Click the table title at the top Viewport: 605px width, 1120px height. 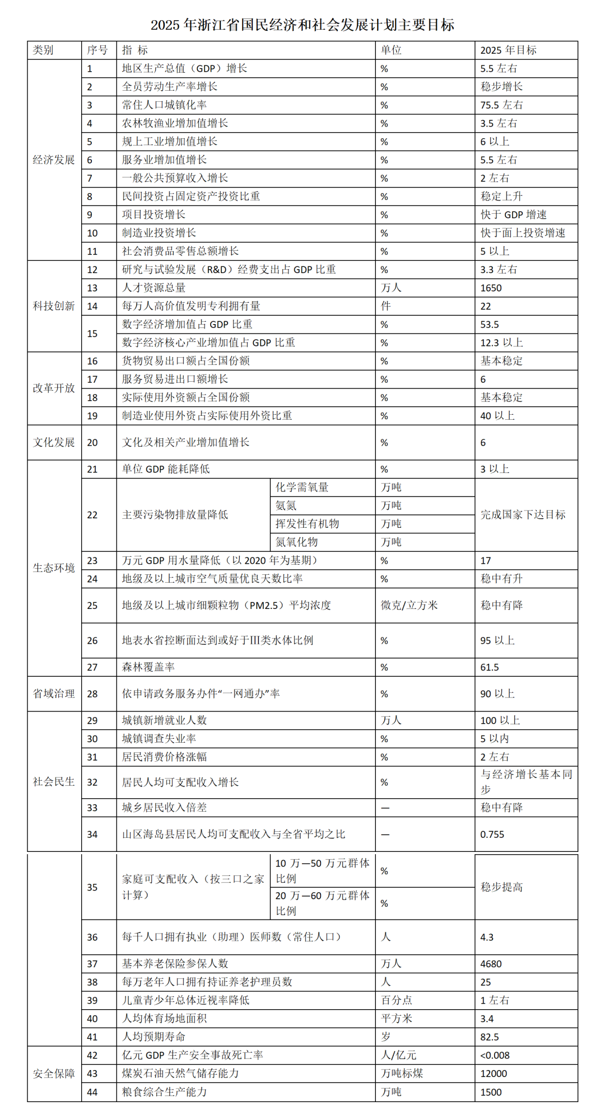coord(302,25)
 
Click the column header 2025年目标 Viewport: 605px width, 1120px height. coord(508,50)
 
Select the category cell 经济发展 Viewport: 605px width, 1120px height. coord(54,160)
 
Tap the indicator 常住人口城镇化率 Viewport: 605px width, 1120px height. coord(164,105)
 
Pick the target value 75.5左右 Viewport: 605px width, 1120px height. coord(501,105)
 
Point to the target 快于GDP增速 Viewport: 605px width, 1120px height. coord(513,215)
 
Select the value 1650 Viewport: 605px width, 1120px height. coord(491,288)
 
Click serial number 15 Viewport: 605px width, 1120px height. coord(92,334)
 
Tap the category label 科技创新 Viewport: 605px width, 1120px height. coord(54,306)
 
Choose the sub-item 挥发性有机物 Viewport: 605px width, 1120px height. coord(307,524)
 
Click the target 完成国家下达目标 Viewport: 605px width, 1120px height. coord(523,514)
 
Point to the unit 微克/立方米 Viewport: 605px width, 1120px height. coord(409,605)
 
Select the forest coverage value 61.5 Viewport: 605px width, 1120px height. coord(490,667)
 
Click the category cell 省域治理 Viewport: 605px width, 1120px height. coord(54,693)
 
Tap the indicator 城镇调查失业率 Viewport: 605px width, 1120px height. coord(159,739)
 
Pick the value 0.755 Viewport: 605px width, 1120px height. coord(492,835)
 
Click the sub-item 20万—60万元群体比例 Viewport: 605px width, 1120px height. coord(322,903)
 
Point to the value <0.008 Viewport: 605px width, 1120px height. coord(495,1056)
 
